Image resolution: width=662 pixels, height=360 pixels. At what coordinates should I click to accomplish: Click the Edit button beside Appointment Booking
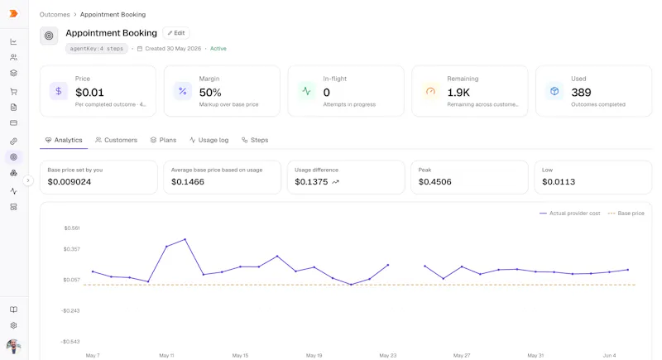pyautogui.click(x=176, y=33)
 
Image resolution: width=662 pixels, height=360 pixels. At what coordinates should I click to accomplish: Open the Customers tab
pyautogui.click(x=116, y=140)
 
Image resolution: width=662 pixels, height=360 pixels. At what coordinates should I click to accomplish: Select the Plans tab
pyautogui.click(x=163, y=140)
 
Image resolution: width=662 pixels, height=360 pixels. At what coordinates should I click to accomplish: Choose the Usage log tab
pyautogui.click(x=209, y=140)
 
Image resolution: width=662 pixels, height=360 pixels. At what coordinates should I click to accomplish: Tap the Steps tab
pyautogui.click(x=255, y=140)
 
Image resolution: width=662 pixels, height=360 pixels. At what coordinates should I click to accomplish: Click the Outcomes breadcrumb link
pyautogui.click(x=55, y=14)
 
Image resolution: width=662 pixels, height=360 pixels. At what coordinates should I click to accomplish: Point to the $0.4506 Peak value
pyautogui.click(x=435, y=182)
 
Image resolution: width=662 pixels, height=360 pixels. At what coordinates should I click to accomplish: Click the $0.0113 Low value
pyautogui.click(x=559, y=182)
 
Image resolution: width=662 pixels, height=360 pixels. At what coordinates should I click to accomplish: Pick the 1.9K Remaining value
pyautogui.click(x=458, y=93)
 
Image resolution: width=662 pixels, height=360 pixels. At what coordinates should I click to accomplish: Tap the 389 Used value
pyautogui.click(x=581, y=93)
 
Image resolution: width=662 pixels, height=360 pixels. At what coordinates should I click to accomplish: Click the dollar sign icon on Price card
pyautogui.click(x=59, y=91)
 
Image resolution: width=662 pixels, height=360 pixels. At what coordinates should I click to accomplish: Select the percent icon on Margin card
pyautogui.click(x=183, y=91)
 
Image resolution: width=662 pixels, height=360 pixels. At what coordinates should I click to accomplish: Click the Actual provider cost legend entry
pyautogui.click(x=570, y=214)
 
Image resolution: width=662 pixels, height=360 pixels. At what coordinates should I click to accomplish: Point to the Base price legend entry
pyautogui.click(x=626, y=214)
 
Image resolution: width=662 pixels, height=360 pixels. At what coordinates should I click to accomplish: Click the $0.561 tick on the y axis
pyautogui.click(x=72, y=228)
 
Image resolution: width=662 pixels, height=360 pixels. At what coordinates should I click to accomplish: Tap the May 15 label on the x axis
pyautogui.click(x=240, y=355)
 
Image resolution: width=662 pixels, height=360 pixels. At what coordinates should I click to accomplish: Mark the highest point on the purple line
pyautogui.click(x=185, y=240)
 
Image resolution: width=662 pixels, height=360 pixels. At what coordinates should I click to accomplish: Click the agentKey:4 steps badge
pyautogui.click(x=97, y=49)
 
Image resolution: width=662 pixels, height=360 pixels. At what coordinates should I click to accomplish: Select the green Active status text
pyautogui.click(x=218, y=49)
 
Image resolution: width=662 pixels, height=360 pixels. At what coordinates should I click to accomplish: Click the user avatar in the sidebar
pyautogui.click(x=13, y=346)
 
